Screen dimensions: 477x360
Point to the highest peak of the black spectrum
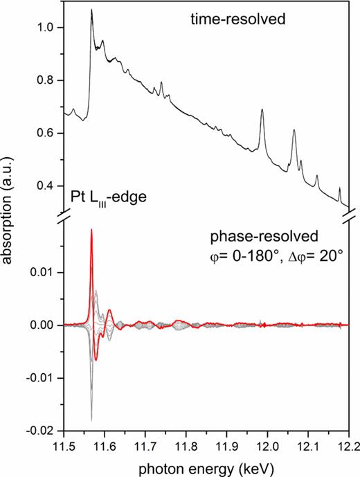91,10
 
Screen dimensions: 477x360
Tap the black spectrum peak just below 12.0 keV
262,109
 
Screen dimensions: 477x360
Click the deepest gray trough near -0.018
91,420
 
